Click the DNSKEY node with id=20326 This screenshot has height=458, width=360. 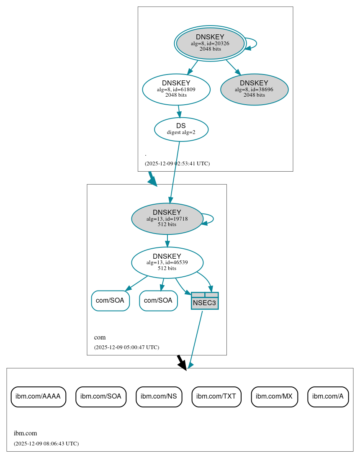(x=210, y=43)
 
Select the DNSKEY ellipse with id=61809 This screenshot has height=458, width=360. (x=176, y=89)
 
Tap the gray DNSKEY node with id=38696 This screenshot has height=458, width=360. (x=254, y=89)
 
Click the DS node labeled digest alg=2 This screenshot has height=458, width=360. (x=181, y=129)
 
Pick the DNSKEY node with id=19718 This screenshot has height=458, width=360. (x=167, y=219)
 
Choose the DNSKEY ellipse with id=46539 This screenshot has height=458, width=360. (x=167, y=262)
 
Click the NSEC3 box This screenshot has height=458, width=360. (x=205, y=301)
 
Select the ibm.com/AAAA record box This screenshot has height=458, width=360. (x=38, y=396)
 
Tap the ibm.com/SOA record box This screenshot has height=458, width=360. (x=101, y=396)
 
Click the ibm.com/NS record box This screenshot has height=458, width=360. (x=159, y=396)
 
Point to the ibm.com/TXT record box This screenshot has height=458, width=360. (x=216, y=396)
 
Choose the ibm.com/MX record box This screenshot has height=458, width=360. (x=274, y=396)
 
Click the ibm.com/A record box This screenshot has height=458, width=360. (x=328, y=396)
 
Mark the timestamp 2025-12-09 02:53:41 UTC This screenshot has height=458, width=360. (x=177, y=164)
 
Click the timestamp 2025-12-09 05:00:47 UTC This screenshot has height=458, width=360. (x=126, y=347)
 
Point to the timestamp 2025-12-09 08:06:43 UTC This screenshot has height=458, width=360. (x=46, y=444)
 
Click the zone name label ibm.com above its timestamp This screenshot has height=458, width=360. (x=25, y=433)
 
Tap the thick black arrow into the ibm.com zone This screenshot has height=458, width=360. (x=181, y=362)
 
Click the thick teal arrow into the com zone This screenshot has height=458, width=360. (x=152, y=179)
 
